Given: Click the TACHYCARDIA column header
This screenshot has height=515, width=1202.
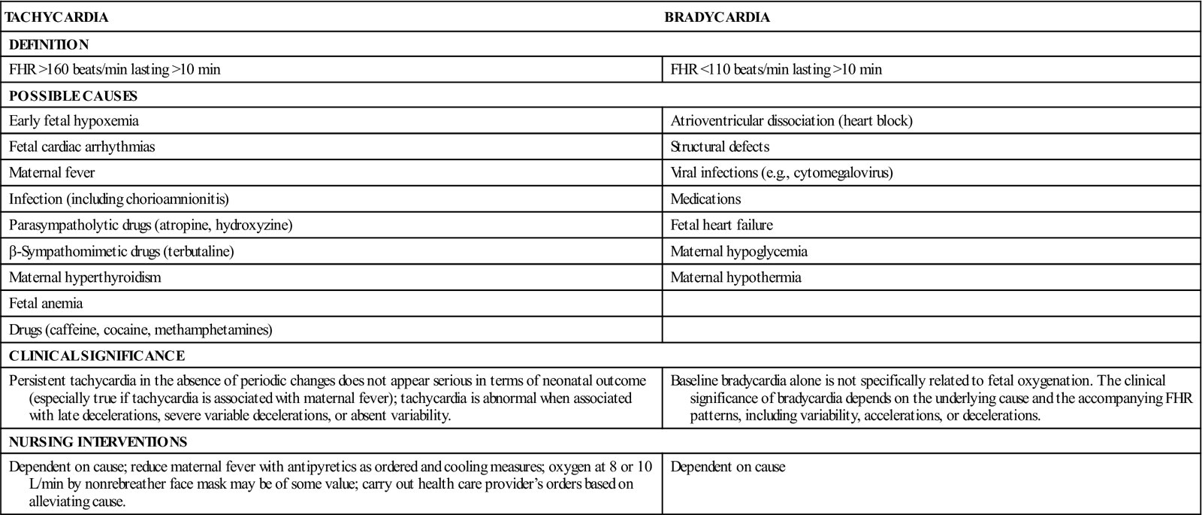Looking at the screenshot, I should tap(56, 17).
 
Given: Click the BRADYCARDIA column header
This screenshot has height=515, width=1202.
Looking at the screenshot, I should tap(717, 17).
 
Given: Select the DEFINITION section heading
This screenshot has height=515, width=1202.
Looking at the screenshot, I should tap(49, 44).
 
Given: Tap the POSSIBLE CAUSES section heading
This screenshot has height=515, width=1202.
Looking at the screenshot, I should tap(73, 95).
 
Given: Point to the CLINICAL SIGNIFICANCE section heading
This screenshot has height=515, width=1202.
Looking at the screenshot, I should tap(97, 356).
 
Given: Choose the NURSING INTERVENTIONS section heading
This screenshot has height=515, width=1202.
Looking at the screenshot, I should tap(98, 442).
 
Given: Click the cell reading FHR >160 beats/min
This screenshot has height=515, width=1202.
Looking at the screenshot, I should tap(115, 70).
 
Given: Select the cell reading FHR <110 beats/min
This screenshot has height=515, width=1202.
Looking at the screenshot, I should tap(776, 70).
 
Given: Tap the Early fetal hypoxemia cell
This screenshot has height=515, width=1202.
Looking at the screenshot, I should tap(74, 120).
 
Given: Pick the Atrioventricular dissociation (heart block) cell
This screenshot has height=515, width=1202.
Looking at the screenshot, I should tap(791, 120).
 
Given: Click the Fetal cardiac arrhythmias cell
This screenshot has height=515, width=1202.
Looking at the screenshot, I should tap(82, 147).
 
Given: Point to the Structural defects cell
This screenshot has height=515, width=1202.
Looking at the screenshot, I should tap(720, 147).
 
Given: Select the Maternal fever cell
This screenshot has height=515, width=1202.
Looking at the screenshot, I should tap(52, 173).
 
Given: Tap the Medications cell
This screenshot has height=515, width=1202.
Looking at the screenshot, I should tap(705, 199).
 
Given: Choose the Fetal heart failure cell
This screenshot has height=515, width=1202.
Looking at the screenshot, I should tap(721, 226).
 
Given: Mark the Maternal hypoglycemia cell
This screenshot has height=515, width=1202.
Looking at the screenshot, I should tap(738, 252).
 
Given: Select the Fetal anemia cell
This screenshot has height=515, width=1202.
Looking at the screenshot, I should tap(46, 304).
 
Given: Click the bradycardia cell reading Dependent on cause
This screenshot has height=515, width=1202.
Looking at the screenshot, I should tap(727, 467).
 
